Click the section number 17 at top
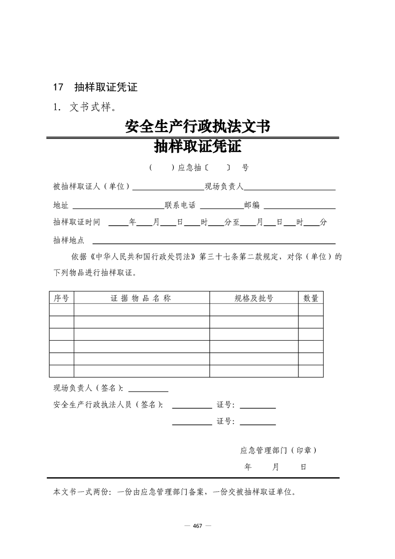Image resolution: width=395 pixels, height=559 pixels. tap(58, 88)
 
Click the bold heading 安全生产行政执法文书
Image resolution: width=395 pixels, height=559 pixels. tap(197, 127)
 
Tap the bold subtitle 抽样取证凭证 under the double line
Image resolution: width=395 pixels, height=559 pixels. tap(197, 147)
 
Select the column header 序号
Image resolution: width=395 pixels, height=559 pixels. tap(61, 298)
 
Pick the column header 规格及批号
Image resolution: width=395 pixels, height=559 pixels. tap(254, 298)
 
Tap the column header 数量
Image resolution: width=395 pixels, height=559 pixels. tap(311, 298)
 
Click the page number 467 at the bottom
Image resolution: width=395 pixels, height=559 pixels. tap(197, 526)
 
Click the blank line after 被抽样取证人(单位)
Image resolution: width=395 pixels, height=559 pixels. tap(168, 188)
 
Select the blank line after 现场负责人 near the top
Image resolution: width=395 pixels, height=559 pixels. tap(289, 188)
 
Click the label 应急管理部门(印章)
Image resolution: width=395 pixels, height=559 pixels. tap(278, 450)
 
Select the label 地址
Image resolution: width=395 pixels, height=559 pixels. tap(61, 205)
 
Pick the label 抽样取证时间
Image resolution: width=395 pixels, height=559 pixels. tap(77, 222)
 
